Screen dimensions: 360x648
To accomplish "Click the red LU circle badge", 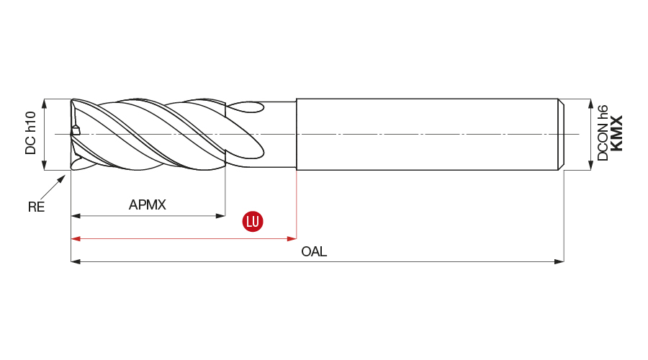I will [253, 221].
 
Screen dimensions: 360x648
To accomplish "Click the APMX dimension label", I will [148, 205].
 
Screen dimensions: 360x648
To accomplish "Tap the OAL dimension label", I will [314, 251].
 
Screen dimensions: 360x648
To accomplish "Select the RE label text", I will [36, 207].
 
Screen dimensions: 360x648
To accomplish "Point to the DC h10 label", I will [30, 133].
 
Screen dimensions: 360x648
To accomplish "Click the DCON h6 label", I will [603, 133].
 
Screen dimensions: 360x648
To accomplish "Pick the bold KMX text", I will [616, 133].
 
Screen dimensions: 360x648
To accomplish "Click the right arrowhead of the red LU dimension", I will [292, 238].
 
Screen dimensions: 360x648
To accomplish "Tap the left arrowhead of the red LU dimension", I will [76, 238].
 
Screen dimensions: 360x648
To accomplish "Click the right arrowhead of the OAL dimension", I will [559, 261].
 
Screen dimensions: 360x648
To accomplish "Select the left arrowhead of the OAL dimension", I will [76, 261].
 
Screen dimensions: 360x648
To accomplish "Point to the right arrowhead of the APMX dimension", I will [221, 215].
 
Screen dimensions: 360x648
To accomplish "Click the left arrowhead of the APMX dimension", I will [76, 215].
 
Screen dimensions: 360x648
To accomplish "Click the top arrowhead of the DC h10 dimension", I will [45, 103].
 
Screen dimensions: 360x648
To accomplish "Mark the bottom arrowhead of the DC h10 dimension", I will [45, 166].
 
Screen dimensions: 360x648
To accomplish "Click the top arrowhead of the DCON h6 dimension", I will [592, 103].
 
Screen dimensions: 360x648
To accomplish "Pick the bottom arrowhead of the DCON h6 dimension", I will [592, 166].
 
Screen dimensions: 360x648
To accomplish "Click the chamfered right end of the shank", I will [562, 135].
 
